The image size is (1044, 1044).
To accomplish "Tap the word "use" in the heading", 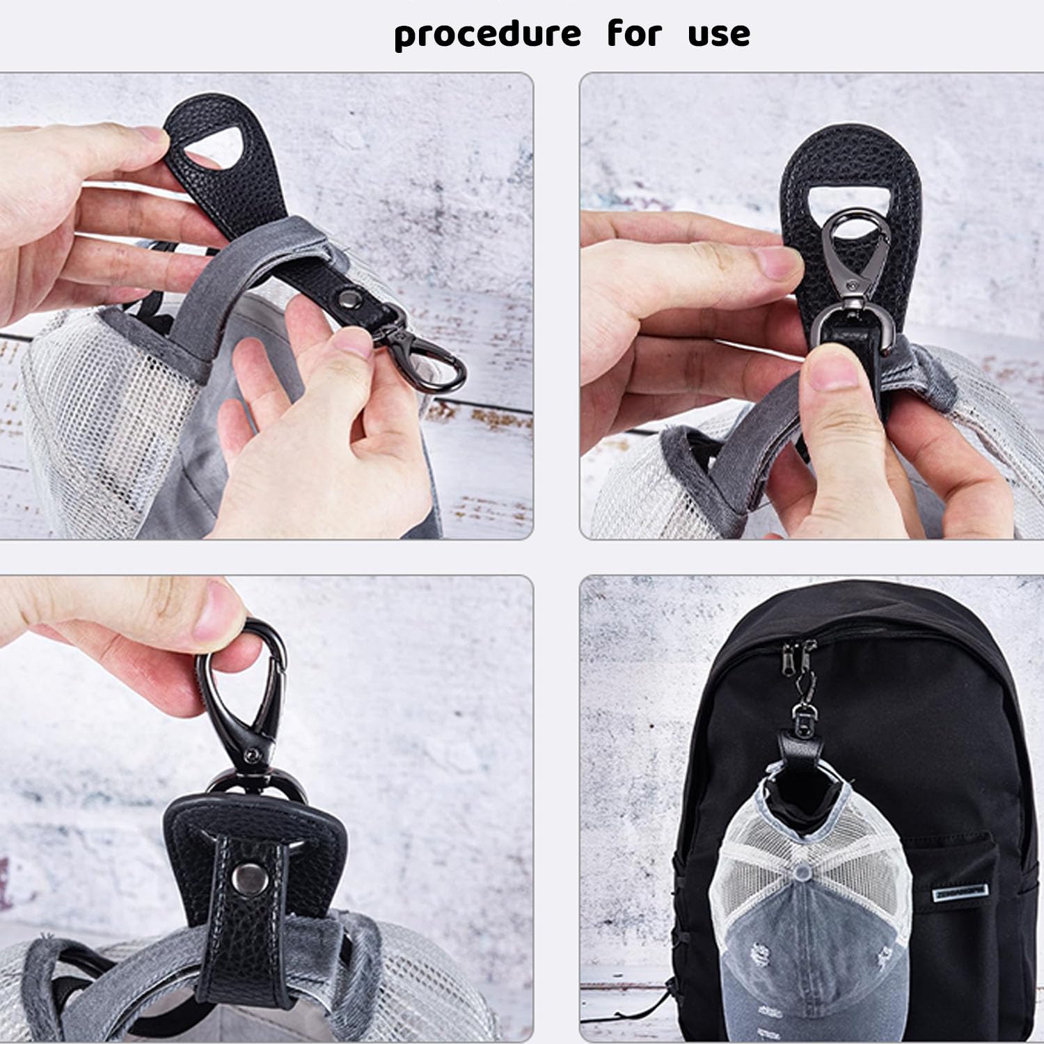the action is pos(719,34).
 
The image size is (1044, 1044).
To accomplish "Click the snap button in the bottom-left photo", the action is pos(244,873).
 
